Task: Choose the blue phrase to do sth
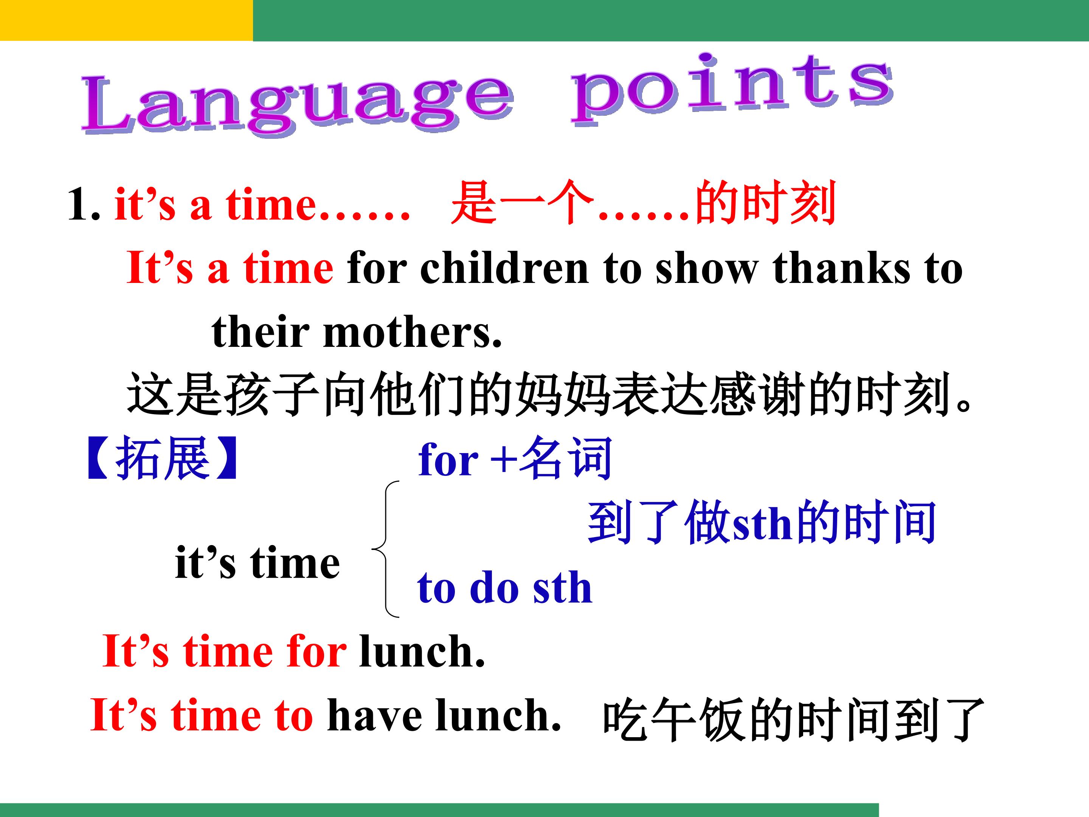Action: (x=505, y=588)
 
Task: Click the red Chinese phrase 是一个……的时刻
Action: (x=644, y=202)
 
